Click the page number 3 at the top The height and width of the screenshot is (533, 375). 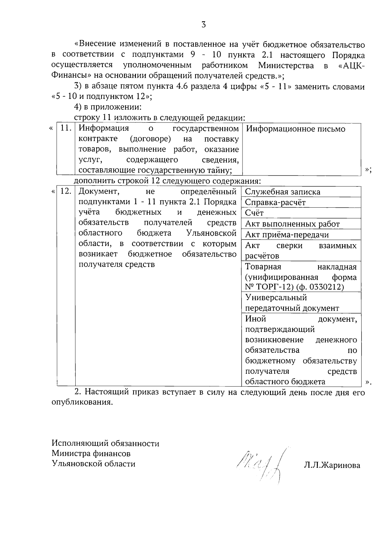[x=203, y=25]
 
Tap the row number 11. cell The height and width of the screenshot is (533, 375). [x=66, y=129]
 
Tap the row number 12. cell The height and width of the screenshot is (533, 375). [x=66, y=191]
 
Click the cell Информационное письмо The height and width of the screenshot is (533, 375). [x=296, y=129]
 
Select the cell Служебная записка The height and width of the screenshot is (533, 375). [x=282, y=192]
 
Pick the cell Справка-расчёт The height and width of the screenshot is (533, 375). [x=275, y=203]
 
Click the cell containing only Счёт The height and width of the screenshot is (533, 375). [x=254, y=213]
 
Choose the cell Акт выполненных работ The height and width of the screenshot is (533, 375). [x=292, y=224]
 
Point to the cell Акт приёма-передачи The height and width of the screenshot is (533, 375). [x=287, y=235]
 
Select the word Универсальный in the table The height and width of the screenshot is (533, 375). [x=276, y=298]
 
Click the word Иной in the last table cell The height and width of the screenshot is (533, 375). [x=255, y=319]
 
